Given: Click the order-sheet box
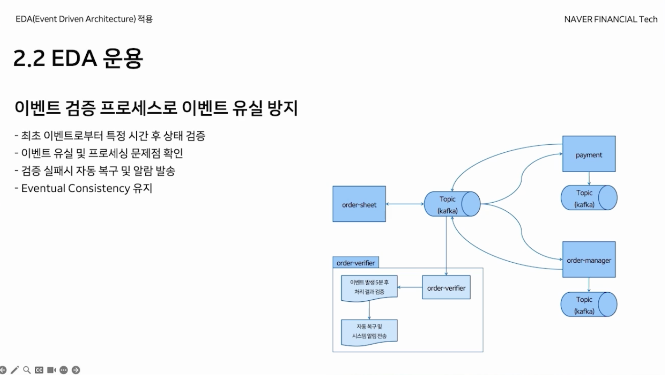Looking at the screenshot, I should coord(359,205).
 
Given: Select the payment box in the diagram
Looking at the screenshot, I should coord(589,155).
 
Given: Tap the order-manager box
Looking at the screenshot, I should coord(589,260).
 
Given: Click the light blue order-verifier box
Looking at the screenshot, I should coord(446,288).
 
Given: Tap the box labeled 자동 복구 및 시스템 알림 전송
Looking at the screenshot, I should coord(369,331).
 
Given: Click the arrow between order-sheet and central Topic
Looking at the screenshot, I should coord(405,205).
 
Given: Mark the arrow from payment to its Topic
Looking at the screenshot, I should coord(589,178).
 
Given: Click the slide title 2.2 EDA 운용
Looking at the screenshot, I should coord(78,59).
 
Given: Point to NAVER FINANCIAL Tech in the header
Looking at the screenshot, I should coord(611,20).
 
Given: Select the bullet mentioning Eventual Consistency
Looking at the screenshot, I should coord(83,188).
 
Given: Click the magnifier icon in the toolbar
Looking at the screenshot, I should coord(27,370).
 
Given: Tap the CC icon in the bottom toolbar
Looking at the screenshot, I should coord(40,370).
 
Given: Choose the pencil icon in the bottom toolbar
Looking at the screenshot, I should coord(15,370).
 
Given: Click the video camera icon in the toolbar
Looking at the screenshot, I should coord(51,370).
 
